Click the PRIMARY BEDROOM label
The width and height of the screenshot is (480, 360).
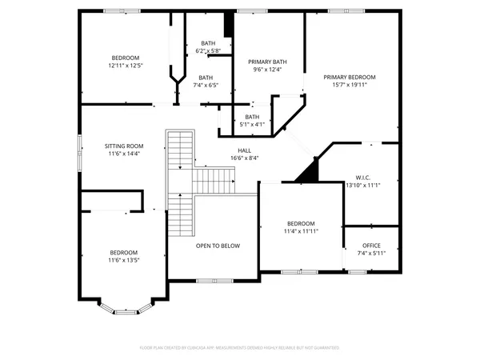click(349, 77)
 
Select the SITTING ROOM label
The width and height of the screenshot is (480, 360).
click(124, 146)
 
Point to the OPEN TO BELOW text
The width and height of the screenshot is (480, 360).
click(218, 246)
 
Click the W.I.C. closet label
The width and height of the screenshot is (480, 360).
click(362, 177)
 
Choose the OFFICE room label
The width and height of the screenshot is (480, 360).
click(371, 245)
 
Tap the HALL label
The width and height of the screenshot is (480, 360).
click(244, 150)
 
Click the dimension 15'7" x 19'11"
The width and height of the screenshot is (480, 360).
click(349, 85)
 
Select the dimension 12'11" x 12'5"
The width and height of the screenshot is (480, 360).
click(126, 66)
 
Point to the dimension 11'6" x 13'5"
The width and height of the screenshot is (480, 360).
click(124, 260)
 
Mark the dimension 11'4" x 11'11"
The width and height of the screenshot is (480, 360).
click(302, 231)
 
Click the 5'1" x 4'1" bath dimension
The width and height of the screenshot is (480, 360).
click(253, 124)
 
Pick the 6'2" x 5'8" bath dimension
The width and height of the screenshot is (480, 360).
click(208, 51)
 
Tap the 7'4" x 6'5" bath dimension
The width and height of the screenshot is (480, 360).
click(206, 85)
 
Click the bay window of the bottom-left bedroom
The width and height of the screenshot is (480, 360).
click(123, 308)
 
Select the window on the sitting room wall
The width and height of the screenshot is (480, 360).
click(78, 152)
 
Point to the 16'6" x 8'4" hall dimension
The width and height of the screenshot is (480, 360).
click(244, 158)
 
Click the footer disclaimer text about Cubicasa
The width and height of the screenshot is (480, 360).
click(240, 348)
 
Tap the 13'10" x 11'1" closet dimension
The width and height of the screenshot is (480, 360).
click(362, 185)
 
